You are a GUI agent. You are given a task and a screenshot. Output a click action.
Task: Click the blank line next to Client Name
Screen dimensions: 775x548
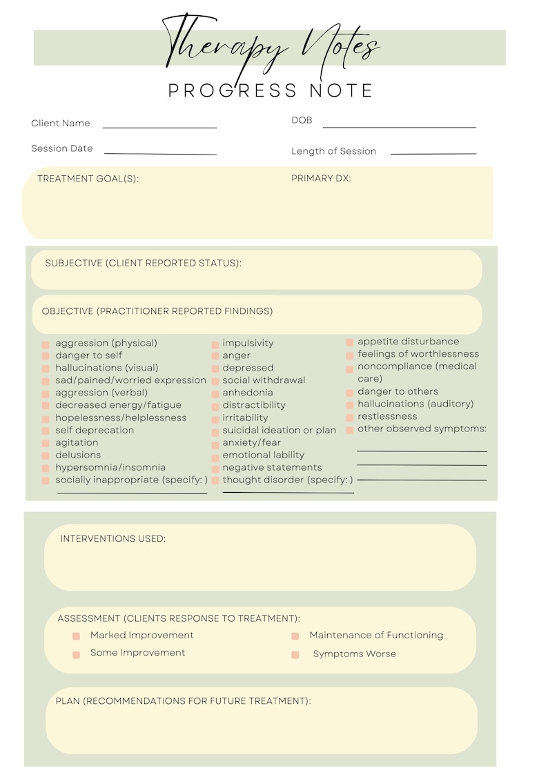pyautogui.click(x=159, y=126)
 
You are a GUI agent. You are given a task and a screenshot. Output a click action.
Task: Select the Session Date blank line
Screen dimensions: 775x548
pyautogui.click(x=160, y=153)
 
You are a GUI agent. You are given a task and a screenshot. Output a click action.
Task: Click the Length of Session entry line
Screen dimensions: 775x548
pyautogui.click(x=433, y=153)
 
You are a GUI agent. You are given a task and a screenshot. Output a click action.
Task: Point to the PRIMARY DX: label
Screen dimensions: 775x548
pyautogui.click(x=321, y=179)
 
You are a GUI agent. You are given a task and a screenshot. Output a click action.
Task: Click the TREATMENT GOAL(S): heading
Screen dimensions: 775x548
pyautogui.click(x=88, y=179)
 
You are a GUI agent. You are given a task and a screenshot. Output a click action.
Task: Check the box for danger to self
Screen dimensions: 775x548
pyautogui.click(x=46, y=356)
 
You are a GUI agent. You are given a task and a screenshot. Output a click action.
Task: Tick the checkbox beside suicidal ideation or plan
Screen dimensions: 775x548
pyautogui.click(x=215, y=431)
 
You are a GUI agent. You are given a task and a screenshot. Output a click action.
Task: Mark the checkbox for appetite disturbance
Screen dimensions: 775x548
pyautogui.click(x=350, y=342)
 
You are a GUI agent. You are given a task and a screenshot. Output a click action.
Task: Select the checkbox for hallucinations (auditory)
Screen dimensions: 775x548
pyautogui.click(x=350, y=404)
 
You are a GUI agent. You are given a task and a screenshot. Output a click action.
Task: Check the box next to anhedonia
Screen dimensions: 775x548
pyautogui.click(x=215, y=394)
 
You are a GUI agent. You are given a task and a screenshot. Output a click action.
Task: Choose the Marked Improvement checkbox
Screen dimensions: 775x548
pyautogui.click(x=76, y=636)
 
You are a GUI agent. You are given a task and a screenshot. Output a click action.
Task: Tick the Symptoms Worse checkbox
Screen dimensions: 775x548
pyautogui.click(x=295, y=654)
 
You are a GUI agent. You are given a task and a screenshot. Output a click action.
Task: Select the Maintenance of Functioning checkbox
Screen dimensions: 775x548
pyautogui.click(x=295, y=636)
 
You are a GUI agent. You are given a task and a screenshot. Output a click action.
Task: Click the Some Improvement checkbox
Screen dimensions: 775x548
pyautogui.click(x=76, y=654)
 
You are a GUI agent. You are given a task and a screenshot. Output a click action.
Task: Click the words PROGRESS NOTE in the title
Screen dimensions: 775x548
pyautogui.click(x=271, y=90)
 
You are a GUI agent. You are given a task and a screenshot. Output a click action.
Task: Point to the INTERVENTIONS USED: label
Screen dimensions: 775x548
pyautogui.click(x=113, y=538)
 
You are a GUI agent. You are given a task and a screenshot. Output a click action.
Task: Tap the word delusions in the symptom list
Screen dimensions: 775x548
pyautogui.click(x=78, y=455)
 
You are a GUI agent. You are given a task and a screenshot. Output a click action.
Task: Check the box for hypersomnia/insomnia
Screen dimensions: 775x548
pyautogui.click(x=46, y=469)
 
